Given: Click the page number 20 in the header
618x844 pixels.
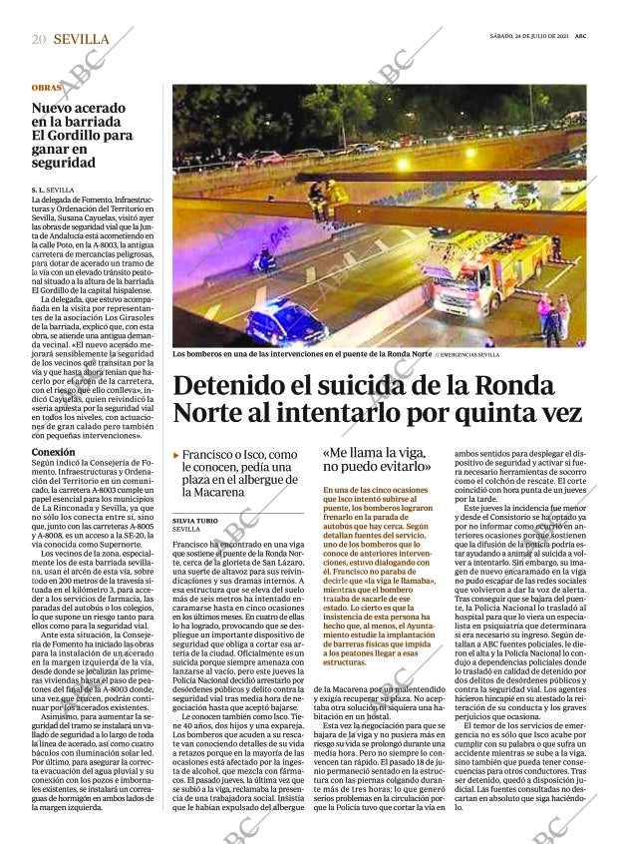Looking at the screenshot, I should click(39, 39).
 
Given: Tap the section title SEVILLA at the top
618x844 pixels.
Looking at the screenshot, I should click(82, 39).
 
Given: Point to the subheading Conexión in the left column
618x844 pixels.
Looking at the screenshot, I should click(53, 452).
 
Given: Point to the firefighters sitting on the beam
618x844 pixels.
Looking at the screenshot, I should click(329, 195).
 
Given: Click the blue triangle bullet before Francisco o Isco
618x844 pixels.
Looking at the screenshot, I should click(176, 455).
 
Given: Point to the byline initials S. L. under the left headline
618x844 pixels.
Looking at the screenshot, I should click(39, 189).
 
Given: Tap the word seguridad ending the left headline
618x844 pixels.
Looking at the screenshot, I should click(64, 163).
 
